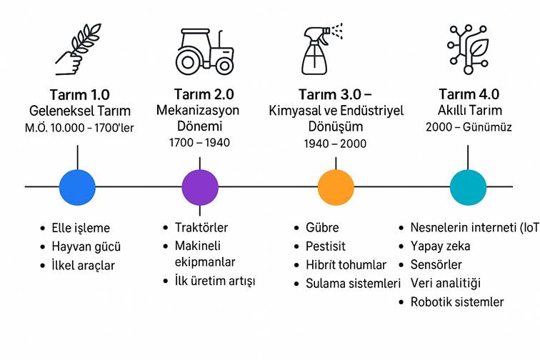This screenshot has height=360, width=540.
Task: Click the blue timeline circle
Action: (x=77, y=187)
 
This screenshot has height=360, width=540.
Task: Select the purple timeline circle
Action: (x=200, y=187)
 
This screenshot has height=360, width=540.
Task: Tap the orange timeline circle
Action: (x=336, y=187)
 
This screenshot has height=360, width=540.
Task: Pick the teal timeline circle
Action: (x=469, y=187)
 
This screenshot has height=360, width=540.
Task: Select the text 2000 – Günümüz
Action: (x=469, y=127)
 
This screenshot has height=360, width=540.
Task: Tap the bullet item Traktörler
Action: (x=201, y=228)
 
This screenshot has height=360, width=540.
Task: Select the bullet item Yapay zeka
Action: (x=440, y=246)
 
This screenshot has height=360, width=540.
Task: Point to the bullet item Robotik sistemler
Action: (x=457, y=301)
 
